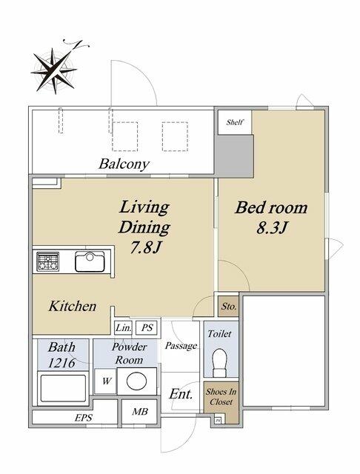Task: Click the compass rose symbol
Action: [54, 71]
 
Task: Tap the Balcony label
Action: [124, 164]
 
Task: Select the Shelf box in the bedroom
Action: [235, 122]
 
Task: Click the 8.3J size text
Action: [271, 227]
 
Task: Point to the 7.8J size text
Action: [144, 247]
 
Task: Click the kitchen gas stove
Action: [47, 261]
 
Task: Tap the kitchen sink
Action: [90, 261]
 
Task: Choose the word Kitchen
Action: [73, 306]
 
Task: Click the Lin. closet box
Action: [123, 327]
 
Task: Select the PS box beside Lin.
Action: [147, 327]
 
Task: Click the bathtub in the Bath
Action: [63, 388]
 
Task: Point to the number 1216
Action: [61, 362]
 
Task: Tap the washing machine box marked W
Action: [105, 381]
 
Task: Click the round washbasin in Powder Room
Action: [136, 381]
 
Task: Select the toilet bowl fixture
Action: [220, 363]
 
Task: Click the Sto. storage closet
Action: [228, 307]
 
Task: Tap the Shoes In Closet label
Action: [221, 397]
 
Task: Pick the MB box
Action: [140, 412]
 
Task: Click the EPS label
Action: [84, 418]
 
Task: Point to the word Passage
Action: [181, 346]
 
